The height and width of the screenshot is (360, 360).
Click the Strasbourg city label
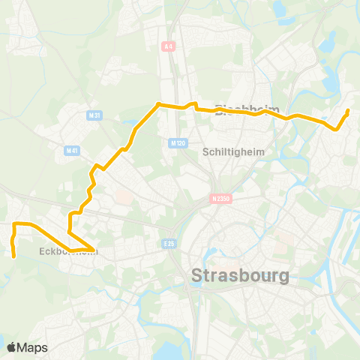pos(240,275)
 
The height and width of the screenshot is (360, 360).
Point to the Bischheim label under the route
pos(241,109)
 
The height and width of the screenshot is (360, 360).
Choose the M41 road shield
pos(73,150)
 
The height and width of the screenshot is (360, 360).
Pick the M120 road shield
pos(178,142)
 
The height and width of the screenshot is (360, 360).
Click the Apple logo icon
pos(11,347)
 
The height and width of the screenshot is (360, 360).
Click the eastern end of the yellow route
pos(348,112)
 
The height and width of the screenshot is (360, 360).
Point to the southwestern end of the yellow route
pos(14,256)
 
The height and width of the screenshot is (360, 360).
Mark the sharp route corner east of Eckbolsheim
pos(94,248)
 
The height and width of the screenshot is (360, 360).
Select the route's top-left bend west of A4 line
pos(157,105)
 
